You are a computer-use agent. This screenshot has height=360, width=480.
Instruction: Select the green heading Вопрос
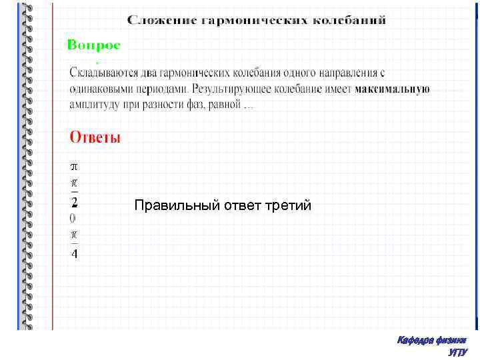coord(94,45)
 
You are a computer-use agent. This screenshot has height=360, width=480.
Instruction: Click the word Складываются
coord(103,71)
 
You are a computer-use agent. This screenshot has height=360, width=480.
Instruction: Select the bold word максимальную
coord(392,88)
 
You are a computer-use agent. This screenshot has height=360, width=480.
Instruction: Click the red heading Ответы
coord(95,138)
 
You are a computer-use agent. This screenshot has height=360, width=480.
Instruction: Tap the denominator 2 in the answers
coord(74,201)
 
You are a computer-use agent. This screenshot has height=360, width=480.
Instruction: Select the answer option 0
coord(73,218)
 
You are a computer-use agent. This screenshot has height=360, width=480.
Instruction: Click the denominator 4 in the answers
coord(74,253)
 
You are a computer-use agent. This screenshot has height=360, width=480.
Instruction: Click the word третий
coord(289,205)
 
